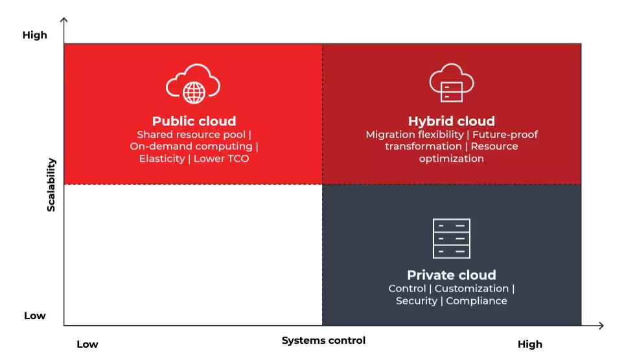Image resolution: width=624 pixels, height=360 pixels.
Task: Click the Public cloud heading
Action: pyautogui.click(x=194, y=121)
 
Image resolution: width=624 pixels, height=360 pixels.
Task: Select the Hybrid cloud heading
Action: pyautogui.click(x=451, y=121)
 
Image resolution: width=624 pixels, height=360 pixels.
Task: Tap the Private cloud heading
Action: pyautogui.click(x=451, y=275)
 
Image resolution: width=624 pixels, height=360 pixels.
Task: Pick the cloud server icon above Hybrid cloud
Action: pyautogui.click(x=451, y=83)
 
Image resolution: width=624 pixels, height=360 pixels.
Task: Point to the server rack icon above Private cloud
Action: pyautogui.click(x=451, y=238)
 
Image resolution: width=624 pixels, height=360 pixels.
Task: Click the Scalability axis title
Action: pyautogui.click(x=51, y=185)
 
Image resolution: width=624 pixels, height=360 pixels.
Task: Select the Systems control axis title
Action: pyautogui.click(x=323, y=341)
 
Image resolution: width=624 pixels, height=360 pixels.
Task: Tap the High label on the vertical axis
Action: pyautogui.click(x=35, y=36)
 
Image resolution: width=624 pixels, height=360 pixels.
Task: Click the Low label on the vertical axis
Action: pyautogui.click(x=35, y=316)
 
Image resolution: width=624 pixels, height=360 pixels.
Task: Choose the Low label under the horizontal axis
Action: pyautogui.click(x=87, y=344)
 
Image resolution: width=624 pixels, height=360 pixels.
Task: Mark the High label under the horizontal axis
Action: pyautogui.click(x=529, y=344)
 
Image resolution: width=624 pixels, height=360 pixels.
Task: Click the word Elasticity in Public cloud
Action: pyautogui.click(x=162, y=159)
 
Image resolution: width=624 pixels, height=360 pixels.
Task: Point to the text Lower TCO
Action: pyautogui.click(x=221, y=159)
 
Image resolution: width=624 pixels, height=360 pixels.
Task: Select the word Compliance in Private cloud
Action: pyautogui.click(x=476, y=301)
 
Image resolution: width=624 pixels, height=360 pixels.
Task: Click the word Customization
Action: pyautogui.click(x=471, y=289)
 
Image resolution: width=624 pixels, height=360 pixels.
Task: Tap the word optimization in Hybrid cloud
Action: pyautogui.click(x=451, y=159)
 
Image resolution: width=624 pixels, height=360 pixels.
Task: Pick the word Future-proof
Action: pyautogui.click(x=505, y=135)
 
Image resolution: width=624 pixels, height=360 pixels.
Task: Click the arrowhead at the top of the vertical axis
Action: pyautogui.click(x=64, y=21)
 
